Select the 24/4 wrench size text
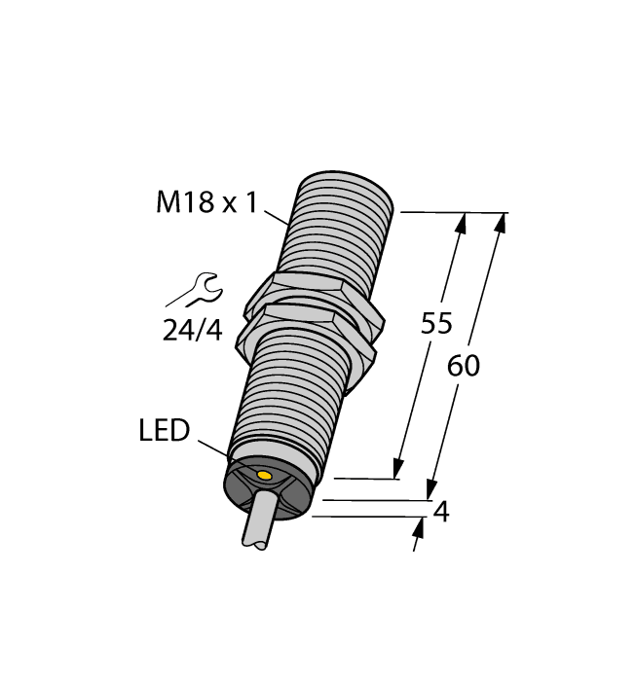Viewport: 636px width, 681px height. pos(192,331)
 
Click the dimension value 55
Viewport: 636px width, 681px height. pos(436,324)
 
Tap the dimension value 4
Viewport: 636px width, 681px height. pos(440,512)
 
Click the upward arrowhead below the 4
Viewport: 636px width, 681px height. pos(421,528)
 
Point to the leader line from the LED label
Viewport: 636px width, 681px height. pos(216,448)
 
